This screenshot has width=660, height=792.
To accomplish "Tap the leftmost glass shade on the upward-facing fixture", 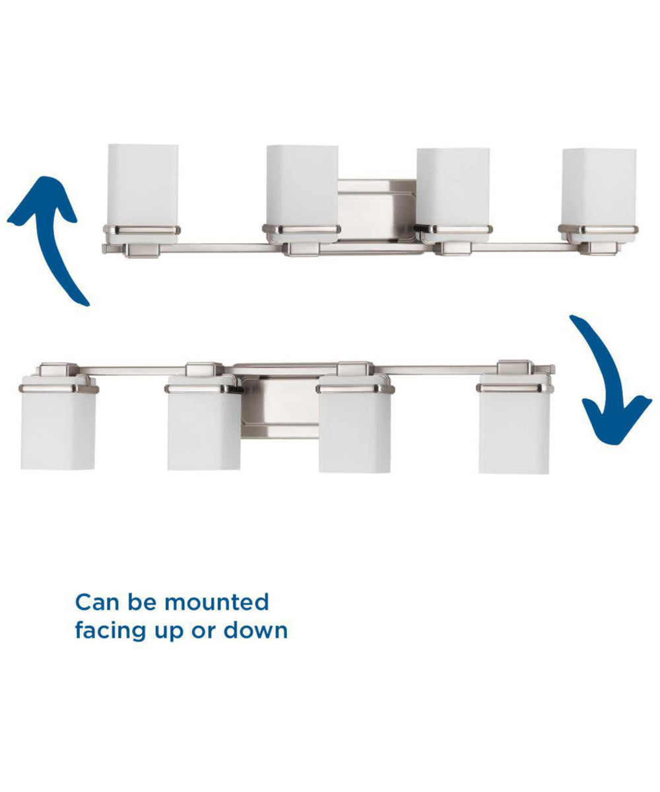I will [143, 185].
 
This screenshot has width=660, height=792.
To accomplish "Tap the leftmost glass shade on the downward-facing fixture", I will [58, 429].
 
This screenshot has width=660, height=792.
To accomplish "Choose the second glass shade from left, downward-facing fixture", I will [203, 429].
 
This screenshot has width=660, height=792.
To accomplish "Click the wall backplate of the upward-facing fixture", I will [377, 208].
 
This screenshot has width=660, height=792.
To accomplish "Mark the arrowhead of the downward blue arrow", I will [617, 419].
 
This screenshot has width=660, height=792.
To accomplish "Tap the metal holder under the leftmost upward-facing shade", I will [141, 231].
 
